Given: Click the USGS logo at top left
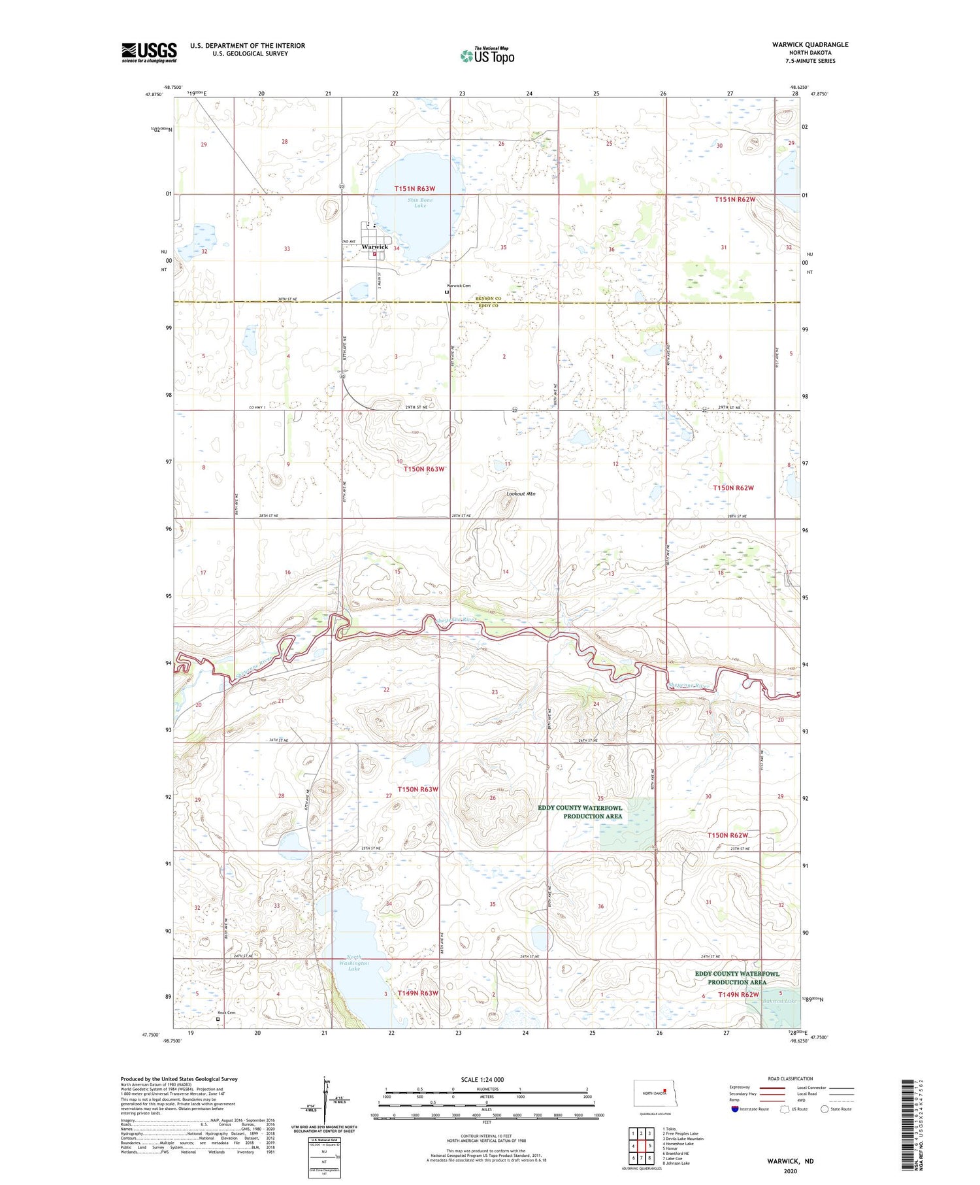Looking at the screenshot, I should (x=149, y=52).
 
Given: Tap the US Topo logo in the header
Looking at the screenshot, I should (x=487, y=56).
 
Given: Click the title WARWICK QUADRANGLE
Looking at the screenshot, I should (x=809, y=44).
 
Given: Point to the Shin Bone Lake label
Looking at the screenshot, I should (x=419, y=203).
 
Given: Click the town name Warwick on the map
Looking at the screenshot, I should (x=375, y=246).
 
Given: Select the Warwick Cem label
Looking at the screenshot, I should (x=458, y=286).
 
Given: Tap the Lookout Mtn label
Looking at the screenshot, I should (x=521, y=493).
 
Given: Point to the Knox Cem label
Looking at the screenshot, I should (x=226, y=1012).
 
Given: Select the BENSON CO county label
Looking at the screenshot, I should (x=488, y=299).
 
